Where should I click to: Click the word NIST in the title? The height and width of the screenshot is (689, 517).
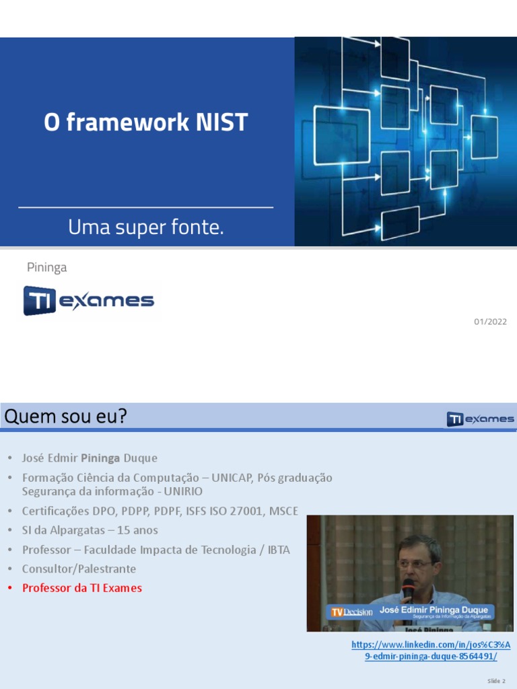tap(221, 123)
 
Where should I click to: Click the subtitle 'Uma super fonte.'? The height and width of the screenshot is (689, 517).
tap(145, 228)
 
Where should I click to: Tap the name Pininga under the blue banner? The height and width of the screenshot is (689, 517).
tap(46, 267)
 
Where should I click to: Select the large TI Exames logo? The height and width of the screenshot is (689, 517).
tap(89, 301)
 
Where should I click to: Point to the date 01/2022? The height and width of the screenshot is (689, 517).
tap(490, 322)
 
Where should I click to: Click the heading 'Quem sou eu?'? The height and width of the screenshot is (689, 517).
tap(65, 418)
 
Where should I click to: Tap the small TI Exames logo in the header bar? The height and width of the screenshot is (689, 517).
tap(480, 419)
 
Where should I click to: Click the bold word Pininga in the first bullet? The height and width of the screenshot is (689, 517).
tap(100, 458)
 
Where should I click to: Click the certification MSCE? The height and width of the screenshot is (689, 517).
tap(283, 511)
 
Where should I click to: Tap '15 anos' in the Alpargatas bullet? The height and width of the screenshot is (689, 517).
tap(137, 530)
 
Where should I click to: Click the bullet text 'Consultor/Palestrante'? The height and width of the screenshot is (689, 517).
tap(79, 569)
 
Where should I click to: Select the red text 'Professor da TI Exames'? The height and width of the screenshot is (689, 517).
tap(82, 588)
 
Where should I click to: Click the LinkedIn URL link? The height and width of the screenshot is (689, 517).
tap(431, 651)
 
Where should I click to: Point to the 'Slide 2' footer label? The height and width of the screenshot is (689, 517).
tap(496, 682)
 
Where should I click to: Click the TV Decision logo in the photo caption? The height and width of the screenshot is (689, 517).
tap(350, 612)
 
